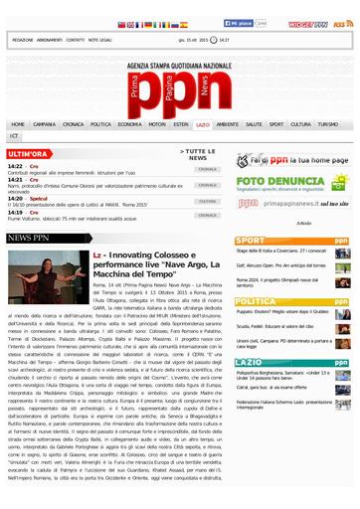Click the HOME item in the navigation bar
[20, 125]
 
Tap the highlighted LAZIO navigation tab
[202, 125]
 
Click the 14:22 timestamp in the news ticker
[16, 167]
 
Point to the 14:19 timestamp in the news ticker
[16, 212]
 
